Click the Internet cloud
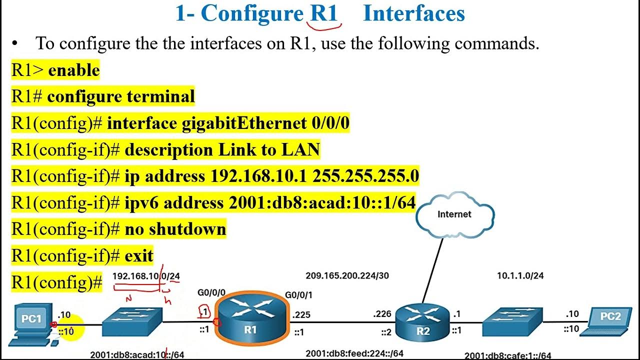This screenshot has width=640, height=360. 454,214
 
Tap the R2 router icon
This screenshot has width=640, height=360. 422,322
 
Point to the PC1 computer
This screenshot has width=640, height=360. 31,322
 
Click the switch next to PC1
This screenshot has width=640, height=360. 132,321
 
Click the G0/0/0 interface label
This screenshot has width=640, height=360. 212,293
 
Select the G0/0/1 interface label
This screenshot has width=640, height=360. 299,295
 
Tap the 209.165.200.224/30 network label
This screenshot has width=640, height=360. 346,275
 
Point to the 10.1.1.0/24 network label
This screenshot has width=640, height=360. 520,275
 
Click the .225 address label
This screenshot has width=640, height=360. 302,315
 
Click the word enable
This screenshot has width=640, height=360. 74,70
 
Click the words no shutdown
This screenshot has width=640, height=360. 175,229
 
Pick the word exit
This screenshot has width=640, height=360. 139,256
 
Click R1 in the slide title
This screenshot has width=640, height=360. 324,13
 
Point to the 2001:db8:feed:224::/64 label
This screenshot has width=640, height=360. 354,353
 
